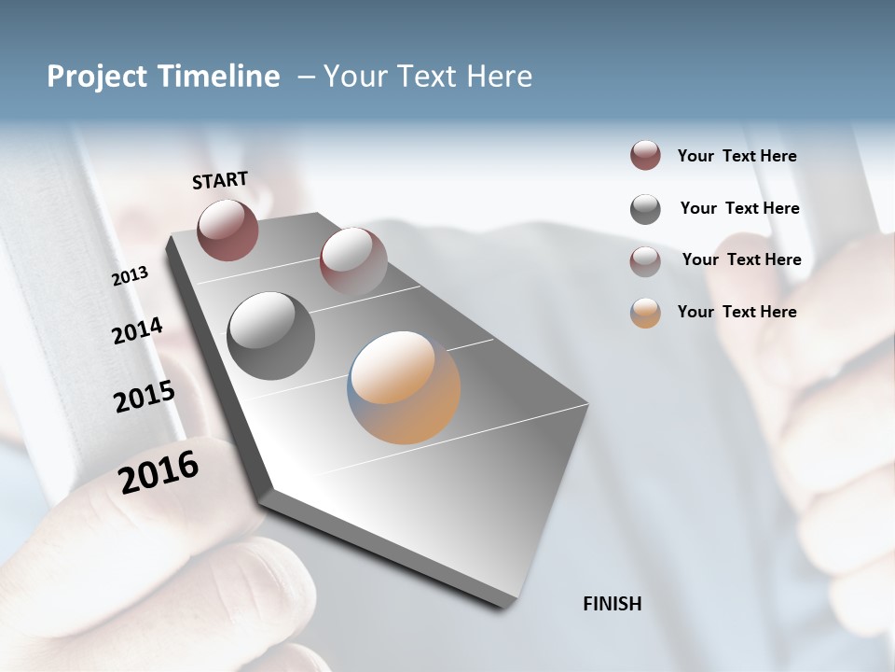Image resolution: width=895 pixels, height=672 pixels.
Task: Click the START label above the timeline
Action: coord(220,180)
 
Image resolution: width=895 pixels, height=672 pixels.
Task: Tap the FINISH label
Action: coord(613,604)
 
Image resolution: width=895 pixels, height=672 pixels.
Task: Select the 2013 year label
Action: coord(131,276)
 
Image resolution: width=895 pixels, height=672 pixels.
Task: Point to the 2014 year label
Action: coord(137,331)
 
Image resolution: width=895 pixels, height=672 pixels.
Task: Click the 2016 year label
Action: coord(158,471)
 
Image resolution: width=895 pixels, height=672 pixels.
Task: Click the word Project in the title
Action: coord(94,77)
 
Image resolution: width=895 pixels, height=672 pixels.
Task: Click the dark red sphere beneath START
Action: coord(227,230)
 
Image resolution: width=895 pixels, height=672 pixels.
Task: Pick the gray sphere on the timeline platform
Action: coord(270,336)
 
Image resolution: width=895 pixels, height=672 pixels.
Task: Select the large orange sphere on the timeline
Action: coord(404,387)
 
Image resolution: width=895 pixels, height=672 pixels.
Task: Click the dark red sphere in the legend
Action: coord(645,155)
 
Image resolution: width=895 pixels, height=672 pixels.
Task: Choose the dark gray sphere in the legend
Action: coord(645,209)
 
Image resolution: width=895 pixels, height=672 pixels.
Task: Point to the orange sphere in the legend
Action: coord(645,313)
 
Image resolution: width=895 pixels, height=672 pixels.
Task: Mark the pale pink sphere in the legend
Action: coord(645,261)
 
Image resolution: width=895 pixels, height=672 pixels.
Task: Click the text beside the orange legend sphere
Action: coord(737,312)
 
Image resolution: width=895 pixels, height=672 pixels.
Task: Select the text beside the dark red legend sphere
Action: coord(737,156)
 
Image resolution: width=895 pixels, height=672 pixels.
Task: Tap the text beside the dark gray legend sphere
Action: coord(739,208)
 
